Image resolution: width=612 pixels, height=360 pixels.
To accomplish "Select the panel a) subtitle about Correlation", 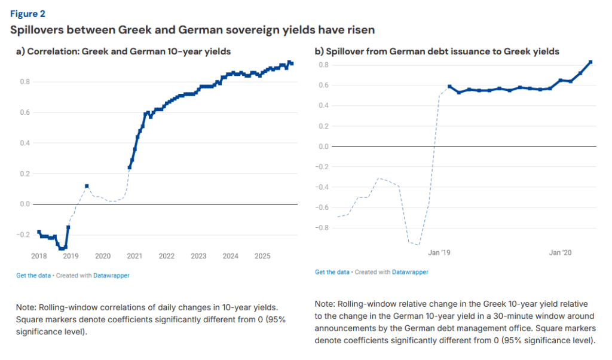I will click(123, 52).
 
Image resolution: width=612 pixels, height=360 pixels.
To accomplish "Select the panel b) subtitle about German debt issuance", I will click(437, 52).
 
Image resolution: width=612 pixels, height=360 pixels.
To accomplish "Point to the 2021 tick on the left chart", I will click(134, 256).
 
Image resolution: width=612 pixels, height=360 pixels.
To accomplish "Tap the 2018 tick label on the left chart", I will click(39, 256).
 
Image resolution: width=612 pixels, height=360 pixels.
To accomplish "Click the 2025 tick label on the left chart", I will click(262, 256).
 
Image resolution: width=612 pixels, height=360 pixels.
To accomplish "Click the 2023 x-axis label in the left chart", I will click(198, 256).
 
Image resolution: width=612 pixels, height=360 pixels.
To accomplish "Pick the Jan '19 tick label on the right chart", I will click(439, 253).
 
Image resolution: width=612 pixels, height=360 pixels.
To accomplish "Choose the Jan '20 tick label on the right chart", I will click(560, 253).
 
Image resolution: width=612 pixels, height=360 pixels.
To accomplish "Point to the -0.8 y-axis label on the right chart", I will click(323, 227).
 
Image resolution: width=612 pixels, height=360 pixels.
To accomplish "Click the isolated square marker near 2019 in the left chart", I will click(87, 186).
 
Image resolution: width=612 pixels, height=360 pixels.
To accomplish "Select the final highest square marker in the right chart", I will click(590, 62).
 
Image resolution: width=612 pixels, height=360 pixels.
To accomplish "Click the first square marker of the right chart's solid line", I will click(449, 87).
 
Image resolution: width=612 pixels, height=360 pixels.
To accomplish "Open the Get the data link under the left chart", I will click(33, 276).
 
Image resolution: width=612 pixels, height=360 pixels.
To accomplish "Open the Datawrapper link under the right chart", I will click(410, 272).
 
